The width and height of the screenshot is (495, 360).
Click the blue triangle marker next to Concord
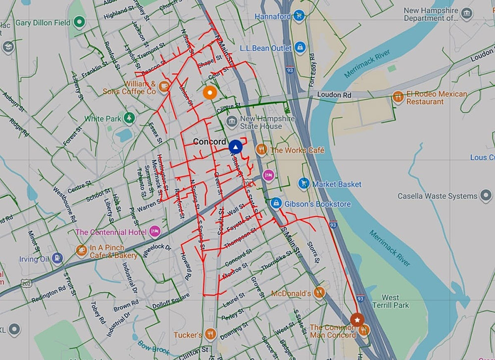point(236,147)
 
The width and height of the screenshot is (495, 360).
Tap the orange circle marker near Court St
point(210,92)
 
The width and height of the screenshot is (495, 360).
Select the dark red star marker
point(357,320)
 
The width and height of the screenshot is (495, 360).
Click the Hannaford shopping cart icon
point(298,16)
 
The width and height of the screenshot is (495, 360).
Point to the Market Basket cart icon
point(304,184)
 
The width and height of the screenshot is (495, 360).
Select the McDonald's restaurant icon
point(320,293)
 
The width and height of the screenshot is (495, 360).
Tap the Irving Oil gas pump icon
point(57,258)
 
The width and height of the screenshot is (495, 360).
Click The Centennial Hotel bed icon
point(154,231)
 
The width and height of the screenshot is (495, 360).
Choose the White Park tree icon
point(129,118)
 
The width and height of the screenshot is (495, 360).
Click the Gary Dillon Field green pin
point(79,22)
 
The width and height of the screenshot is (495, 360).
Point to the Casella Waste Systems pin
point(486,196)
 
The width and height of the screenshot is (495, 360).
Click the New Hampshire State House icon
point(231,121)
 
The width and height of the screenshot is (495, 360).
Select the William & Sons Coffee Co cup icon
point(164,87)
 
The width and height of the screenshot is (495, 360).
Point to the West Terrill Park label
point(391,301)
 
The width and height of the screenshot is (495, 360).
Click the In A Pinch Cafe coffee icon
point(82,251)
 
